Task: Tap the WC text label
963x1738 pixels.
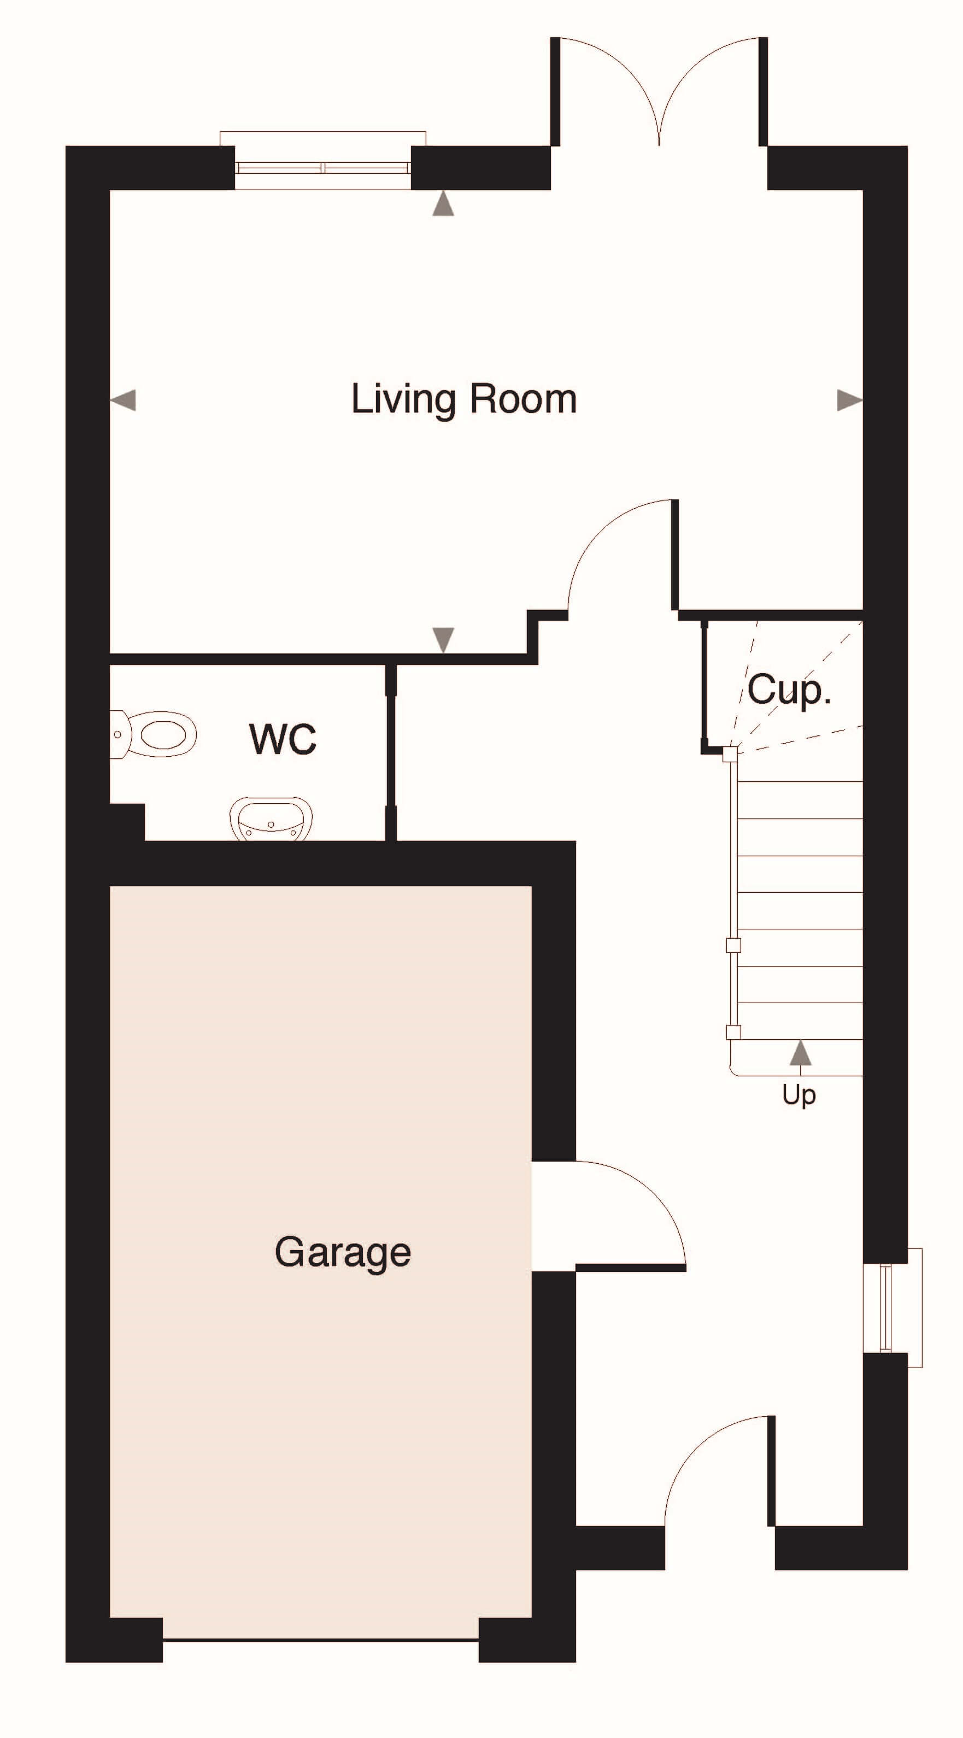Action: point(283,739)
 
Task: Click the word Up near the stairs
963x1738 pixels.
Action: point(799,1095)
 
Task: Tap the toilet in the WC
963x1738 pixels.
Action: point(153,734)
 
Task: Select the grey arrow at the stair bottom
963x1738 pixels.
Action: point(800,1052)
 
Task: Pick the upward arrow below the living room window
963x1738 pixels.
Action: point(443,203)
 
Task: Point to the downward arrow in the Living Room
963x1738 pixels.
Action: point(443,640)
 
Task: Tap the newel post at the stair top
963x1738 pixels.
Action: point(730,755)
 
